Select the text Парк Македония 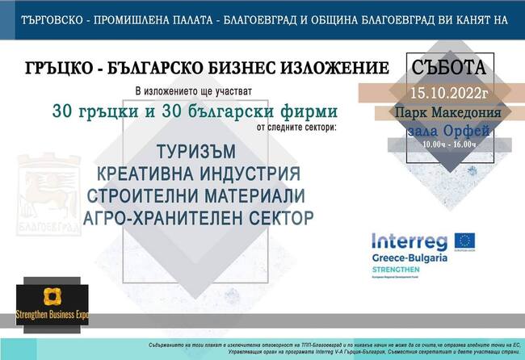click(x=448, y=113)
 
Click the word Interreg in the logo click(x=408, y=241)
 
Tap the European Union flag click(x=464, y=240)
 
